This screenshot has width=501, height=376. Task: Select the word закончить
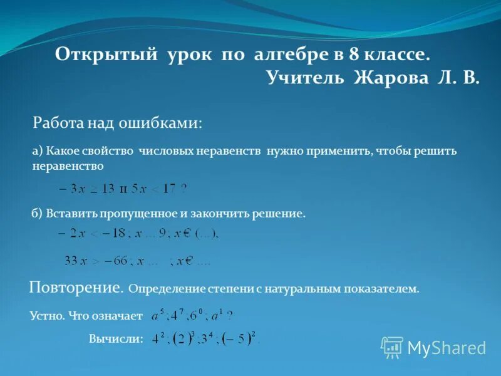(x=219, y=214)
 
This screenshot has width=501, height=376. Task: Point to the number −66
(x=115, y=260)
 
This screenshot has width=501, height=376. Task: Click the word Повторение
(x=75, y=288)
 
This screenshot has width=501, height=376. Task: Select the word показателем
(x=382, y=290)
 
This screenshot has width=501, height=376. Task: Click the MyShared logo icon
(x=393, y=347)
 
